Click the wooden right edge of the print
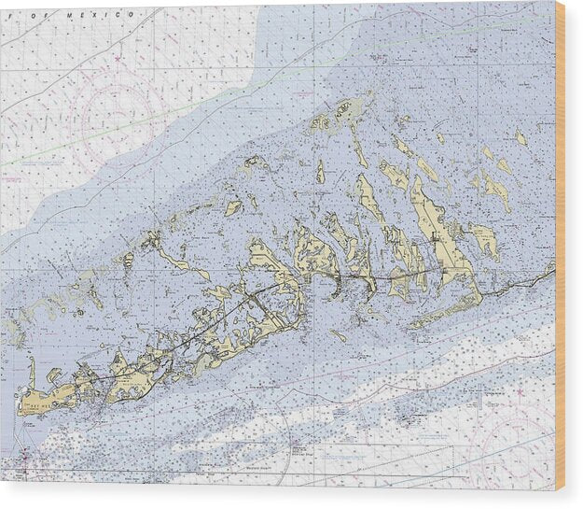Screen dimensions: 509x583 [x=560, y=243]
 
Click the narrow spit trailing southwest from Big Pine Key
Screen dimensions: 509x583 [x=438, y=313]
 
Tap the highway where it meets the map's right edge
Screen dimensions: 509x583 [x=552, y=271]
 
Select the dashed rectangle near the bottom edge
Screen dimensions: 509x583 [x=392, y=459]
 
